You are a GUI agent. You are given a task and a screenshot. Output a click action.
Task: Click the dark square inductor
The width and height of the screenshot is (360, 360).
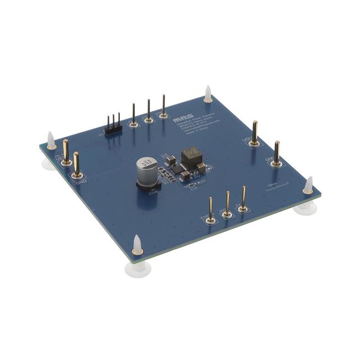click(190, 154)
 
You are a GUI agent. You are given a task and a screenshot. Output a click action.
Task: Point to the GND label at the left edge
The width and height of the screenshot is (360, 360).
click(80, 181)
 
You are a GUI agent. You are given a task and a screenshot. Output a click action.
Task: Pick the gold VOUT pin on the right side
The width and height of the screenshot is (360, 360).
click(255, 133)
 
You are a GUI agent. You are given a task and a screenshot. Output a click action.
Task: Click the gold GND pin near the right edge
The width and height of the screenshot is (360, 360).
click(276, 152)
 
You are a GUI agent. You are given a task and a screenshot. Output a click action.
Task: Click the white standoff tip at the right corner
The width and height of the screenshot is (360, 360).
click(308, 185)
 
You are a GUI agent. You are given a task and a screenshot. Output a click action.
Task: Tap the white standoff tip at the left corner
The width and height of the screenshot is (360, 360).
click(51, 138)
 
